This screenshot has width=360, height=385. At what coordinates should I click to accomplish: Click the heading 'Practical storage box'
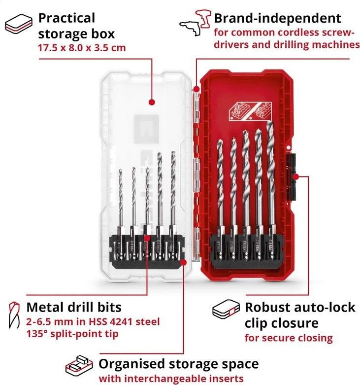(x=76, y=26)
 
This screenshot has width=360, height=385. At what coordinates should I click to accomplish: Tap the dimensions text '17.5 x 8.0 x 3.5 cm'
(x=82, y=48)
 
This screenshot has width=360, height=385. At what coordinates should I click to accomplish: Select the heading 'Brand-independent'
(x=277, y=18)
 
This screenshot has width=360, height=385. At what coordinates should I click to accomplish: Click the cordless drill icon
(x=195, y=23)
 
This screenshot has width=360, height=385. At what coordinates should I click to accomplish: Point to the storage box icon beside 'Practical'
(x=19, y=24)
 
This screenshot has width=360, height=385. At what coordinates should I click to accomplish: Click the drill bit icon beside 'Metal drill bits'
(x=14, y=315)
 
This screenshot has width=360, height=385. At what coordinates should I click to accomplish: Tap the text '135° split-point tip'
(x=72, y=334)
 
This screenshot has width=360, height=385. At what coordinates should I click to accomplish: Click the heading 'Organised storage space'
(x=179, y=364)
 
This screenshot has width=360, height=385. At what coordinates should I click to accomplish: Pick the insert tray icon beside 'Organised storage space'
(x=79, y=366)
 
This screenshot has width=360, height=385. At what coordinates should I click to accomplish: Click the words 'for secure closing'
(x=289, y=338)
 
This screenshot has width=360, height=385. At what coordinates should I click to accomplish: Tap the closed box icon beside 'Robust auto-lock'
(x=226, y=309)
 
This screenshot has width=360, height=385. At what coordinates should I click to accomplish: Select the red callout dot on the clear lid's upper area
(x=152, y=102)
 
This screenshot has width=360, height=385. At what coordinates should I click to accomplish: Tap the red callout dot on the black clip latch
(x=296, y=176)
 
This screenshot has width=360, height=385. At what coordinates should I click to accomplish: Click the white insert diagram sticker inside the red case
(x=250, y=112)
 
